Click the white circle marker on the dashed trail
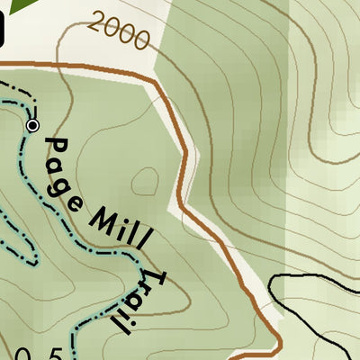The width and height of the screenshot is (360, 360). coord(33,126)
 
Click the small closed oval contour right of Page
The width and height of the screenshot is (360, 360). coord(145,183)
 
